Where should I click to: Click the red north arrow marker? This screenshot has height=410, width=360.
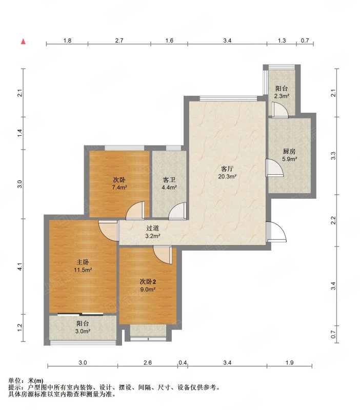[x=23, y=42]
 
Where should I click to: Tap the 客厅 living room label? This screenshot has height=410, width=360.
[x=227, y=169]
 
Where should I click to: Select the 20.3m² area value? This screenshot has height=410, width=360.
[x=227, y=176]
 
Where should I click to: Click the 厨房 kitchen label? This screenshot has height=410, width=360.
[x=289, y=151]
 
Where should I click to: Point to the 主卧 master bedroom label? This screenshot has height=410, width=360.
[x=83, y=262]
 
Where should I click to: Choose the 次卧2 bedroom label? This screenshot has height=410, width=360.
[x=148, y=281]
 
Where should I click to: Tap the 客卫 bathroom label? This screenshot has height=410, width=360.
[x=169, y=180]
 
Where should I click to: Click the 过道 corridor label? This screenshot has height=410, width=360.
[x=152, y=228]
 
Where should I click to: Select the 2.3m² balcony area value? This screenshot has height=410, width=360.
[x=282, y=96]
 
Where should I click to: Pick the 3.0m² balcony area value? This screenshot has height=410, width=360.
[x=83, y=331]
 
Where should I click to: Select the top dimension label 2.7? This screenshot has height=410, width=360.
[x=119, y=40]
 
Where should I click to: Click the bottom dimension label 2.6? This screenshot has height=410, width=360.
[x=148, y=363]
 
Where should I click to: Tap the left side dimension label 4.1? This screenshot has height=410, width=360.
[x=20, y=266]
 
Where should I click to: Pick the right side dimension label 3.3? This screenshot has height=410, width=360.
[x=333, y=156]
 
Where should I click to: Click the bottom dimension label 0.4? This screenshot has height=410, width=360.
[x=183, y=363]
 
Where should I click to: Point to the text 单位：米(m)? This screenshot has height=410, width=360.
[x=26, y=381]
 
